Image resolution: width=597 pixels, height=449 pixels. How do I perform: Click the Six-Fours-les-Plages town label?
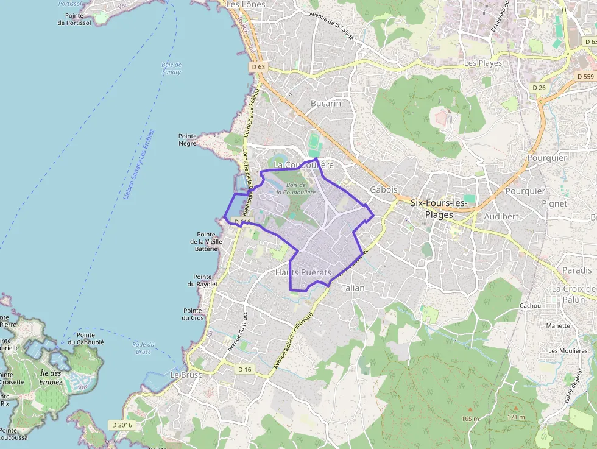point(438,208)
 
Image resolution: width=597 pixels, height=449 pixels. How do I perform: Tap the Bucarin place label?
point(326,103)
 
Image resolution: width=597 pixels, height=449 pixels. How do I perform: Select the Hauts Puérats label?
point(303,272)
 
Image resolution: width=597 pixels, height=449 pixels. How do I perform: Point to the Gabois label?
point(384,189)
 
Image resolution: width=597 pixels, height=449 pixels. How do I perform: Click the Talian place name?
point(353,288)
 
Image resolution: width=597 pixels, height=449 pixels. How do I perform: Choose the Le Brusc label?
point(186,375)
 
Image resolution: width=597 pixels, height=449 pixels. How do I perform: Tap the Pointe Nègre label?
point(188,140)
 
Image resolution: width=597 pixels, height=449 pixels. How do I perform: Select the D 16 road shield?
point(245,369)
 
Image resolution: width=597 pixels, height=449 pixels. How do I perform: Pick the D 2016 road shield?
point(121,425)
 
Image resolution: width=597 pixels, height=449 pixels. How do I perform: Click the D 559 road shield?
point(585,76)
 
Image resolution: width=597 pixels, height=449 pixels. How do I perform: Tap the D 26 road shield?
point(539,88)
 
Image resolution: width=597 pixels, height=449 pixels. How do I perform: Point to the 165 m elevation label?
point(470,419)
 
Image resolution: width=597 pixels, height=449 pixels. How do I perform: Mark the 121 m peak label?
point(515,417)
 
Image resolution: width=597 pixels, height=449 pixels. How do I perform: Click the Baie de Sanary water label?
point(172,68)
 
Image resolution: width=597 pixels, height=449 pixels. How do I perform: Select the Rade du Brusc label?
point(143,348)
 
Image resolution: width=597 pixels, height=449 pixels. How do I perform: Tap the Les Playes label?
point(483,63)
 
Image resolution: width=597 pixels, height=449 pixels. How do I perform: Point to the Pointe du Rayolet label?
point(202,280)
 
